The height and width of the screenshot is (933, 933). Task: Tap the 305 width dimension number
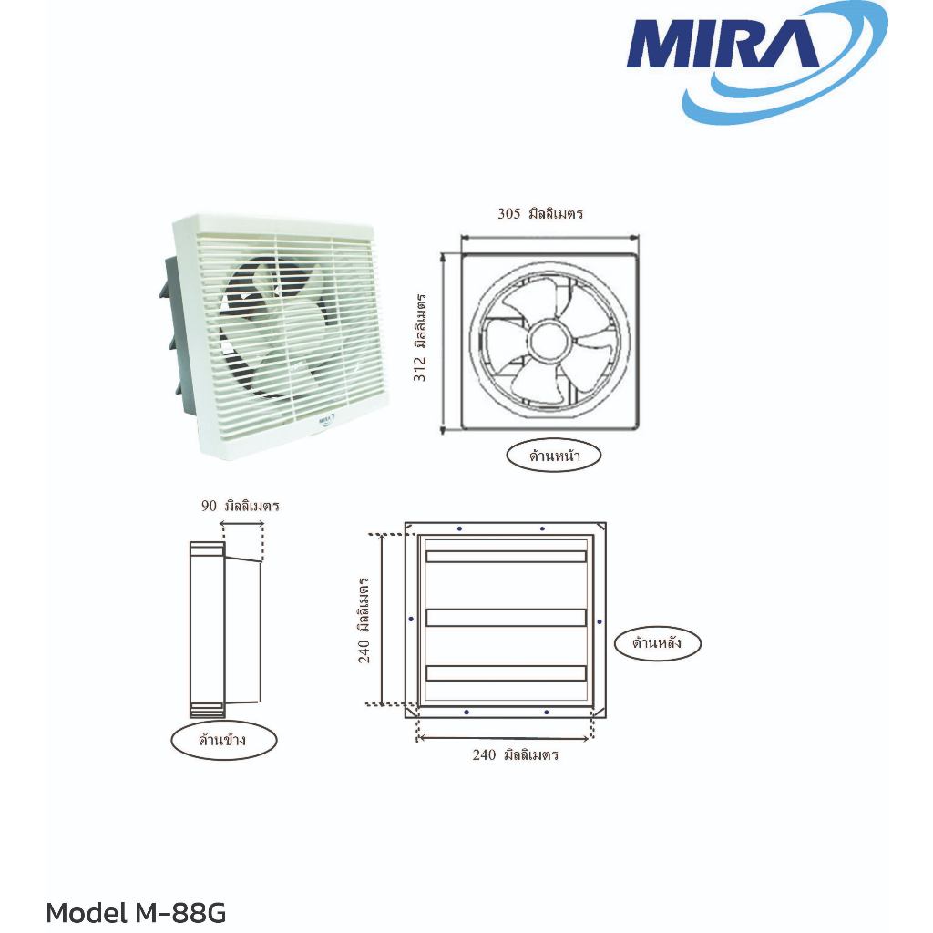click(508, 213)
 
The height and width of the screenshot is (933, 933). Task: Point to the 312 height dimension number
click(420, 368)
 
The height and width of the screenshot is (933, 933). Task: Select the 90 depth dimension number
click(209, 506)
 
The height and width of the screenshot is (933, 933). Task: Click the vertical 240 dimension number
click(364, 651)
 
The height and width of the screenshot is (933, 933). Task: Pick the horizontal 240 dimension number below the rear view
click(484, 754)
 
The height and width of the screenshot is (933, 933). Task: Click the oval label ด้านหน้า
click(553, 456)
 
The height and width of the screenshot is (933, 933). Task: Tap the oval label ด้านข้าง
click(224, 740)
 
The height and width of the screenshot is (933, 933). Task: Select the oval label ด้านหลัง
click(658, 642)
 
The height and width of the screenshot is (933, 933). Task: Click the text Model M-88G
click(136, 913)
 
